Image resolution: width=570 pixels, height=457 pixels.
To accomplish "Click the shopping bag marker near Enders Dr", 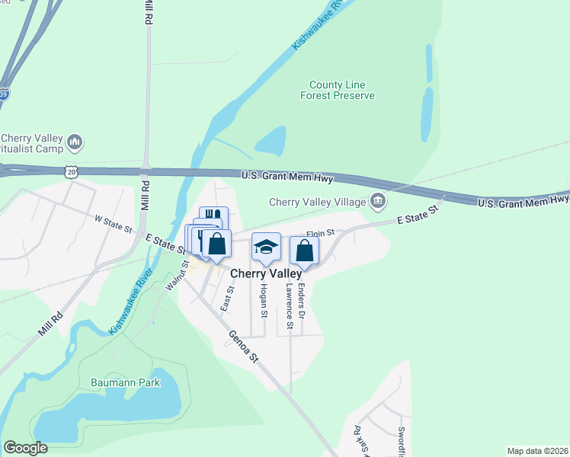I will point(304,250).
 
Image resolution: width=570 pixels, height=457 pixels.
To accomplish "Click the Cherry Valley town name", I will point(266,273).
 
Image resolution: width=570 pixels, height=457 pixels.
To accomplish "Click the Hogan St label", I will point(264,301).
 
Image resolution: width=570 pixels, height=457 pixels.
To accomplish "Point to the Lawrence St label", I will point(290,306).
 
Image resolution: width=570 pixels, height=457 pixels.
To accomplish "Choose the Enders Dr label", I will point(302,299).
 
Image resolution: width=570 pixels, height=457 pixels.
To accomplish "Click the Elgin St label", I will point(321,234).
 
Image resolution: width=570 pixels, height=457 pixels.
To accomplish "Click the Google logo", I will point(25,448).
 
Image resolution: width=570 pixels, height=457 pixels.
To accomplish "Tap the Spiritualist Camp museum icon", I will point(75,142).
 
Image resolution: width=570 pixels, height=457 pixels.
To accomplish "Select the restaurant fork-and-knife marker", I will point(213,218).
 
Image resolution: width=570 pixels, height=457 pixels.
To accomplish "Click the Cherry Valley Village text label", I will point(318,203).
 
